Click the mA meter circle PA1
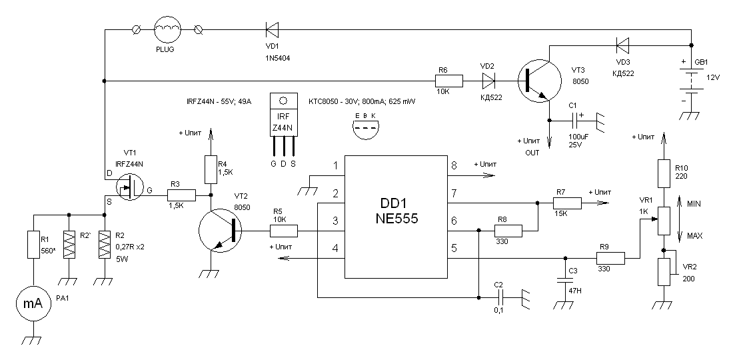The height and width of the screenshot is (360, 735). pos(33,304)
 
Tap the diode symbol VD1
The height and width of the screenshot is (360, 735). pos(271,29)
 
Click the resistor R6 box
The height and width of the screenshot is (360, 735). pos(448,81)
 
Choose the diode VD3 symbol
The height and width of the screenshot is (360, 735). pos(622,45)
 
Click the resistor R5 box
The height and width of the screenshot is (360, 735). pos(283,231)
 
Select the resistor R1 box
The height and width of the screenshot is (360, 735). pos(33,244)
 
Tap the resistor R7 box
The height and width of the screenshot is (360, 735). pos(566,203)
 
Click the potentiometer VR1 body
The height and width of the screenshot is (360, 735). pos(663,221)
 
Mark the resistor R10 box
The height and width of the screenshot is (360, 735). pos(663,173)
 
